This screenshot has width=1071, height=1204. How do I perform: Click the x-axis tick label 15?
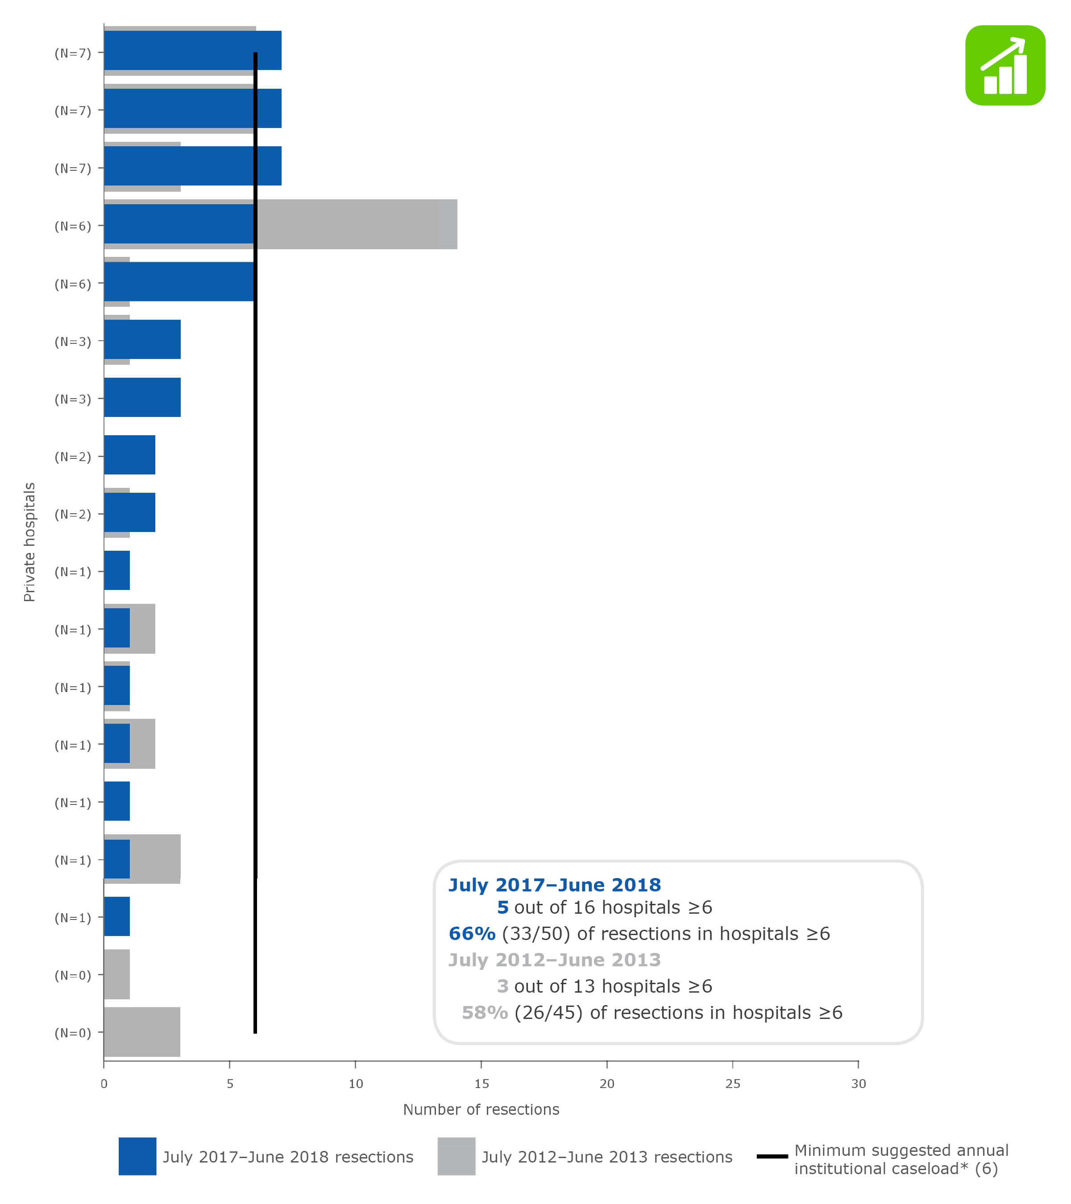coord(481,1084)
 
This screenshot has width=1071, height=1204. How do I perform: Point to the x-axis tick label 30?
coord(858,1084)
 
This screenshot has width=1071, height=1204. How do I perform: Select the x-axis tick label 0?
coord(104,1084)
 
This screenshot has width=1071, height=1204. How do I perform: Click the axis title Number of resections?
coord(481,1110)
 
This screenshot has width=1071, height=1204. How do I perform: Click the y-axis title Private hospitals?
coord(29,542)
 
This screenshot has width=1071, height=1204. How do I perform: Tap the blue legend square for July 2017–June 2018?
coord(137,1156)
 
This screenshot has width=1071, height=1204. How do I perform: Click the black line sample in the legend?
coord(772,1156)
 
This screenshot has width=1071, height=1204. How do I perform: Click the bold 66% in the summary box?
coord(472,934)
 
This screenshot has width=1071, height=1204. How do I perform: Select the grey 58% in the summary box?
coord(485,1013)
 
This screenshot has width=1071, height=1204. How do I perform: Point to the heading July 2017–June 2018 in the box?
coord(554,885)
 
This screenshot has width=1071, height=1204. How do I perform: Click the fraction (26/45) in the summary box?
coord(548,1013)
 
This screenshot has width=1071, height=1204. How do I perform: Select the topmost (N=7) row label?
coord(72,53)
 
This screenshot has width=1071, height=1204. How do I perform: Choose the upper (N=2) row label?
coord(72,457)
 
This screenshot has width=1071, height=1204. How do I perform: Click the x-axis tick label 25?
coord(733,1084)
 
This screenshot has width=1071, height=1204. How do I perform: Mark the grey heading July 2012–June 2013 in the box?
coord(554,960)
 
